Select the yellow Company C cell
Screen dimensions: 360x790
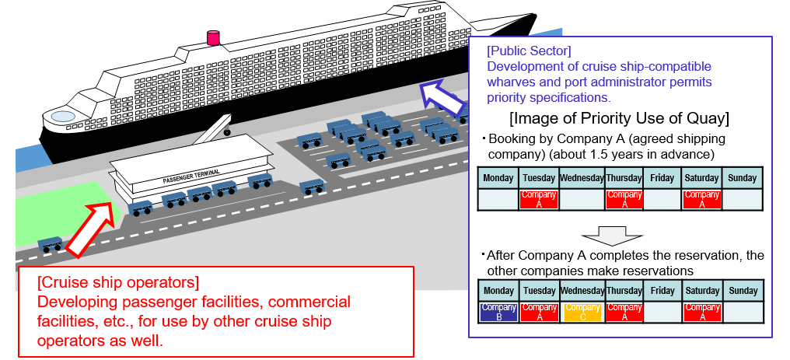[x=581, y=312]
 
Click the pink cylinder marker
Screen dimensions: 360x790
[x=213, y=37]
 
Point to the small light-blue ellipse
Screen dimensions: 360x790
[x=63, y=117]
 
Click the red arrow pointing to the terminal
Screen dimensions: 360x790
[x=90, y=226]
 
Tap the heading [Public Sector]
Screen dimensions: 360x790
[x=529, y=51]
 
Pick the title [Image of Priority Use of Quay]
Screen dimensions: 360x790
[x=619, y=119]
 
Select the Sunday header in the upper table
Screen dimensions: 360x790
[x=743, y=178]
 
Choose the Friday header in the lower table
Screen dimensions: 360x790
[x=662, y=291]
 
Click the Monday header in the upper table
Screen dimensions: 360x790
[x=498, y=178]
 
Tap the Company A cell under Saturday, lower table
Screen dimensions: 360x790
[x=702, y=312]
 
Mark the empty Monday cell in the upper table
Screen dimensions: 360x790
[x=498, y=199]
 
